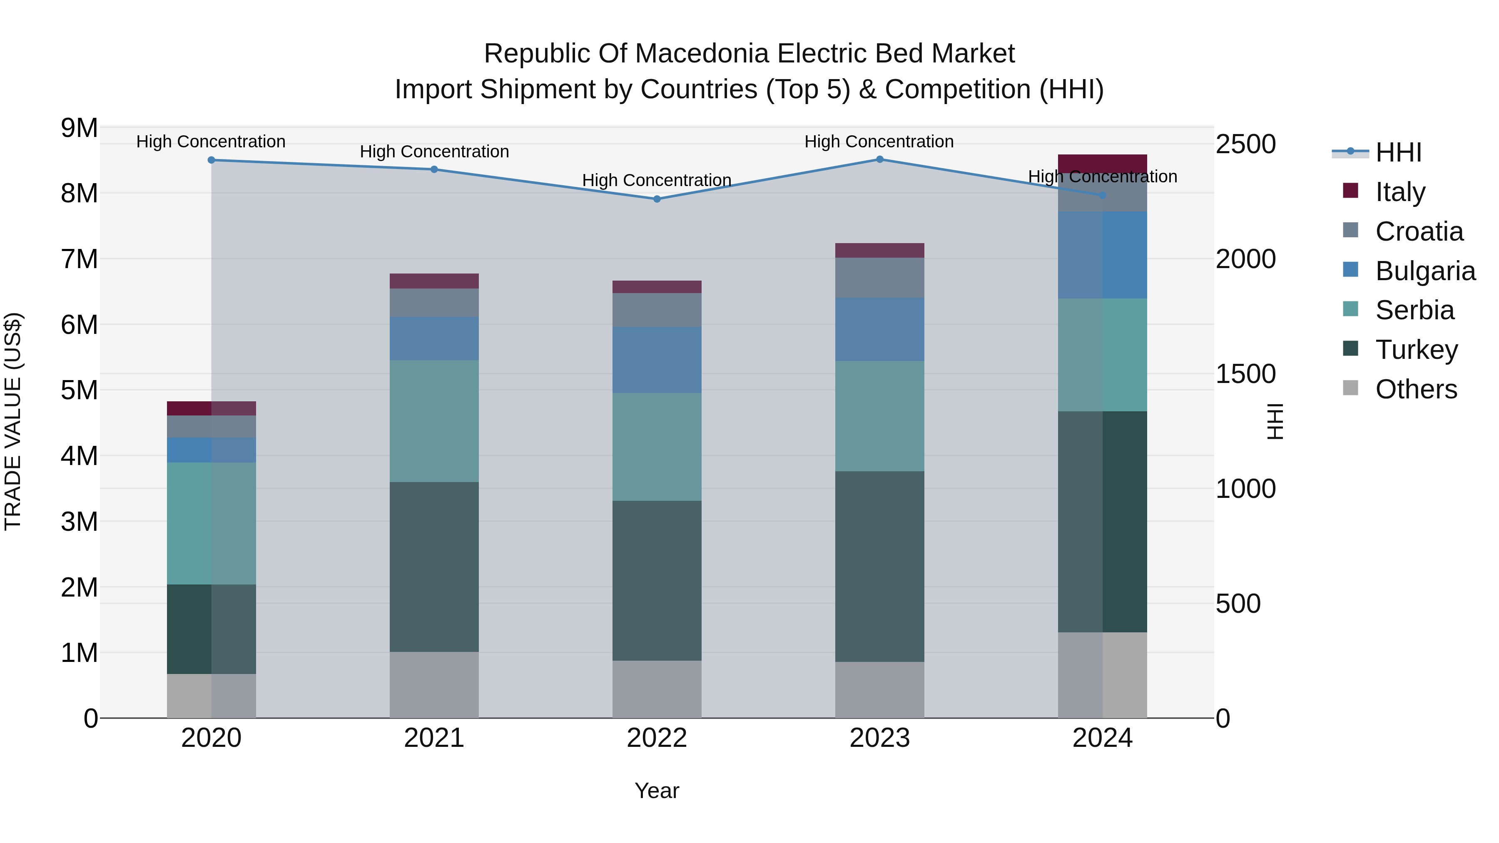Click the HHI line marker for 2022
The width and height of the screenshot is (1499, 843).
[x=657, y=199]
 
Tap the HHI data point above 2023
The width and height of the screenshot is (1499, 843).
[x=880, y=159]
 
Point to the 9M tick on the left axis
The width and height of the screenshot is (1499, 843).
[x=79, y=127]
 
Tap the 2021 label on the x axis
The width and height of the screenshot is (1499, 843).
[x=434, y=738]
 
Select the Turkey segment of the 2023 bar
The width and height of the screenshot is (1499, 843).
[x=880, y=566]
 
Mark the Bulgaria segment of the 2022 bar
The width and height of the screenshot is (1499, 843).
[x=657, y=360]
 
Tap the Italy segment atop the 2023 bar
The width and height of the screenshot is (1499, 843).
[x=880, y=250]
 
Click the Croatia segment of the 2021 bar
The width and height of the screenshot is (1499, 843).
[x=434, y=303]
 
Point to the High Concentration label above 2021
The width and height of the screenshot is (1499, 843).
[x=434, y=152]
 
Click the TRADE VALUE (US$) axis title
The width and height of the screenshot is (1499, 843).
[x=13, y=421]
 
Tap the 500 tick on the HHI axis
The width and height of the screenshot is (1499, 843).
[x=1238, y=603]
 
